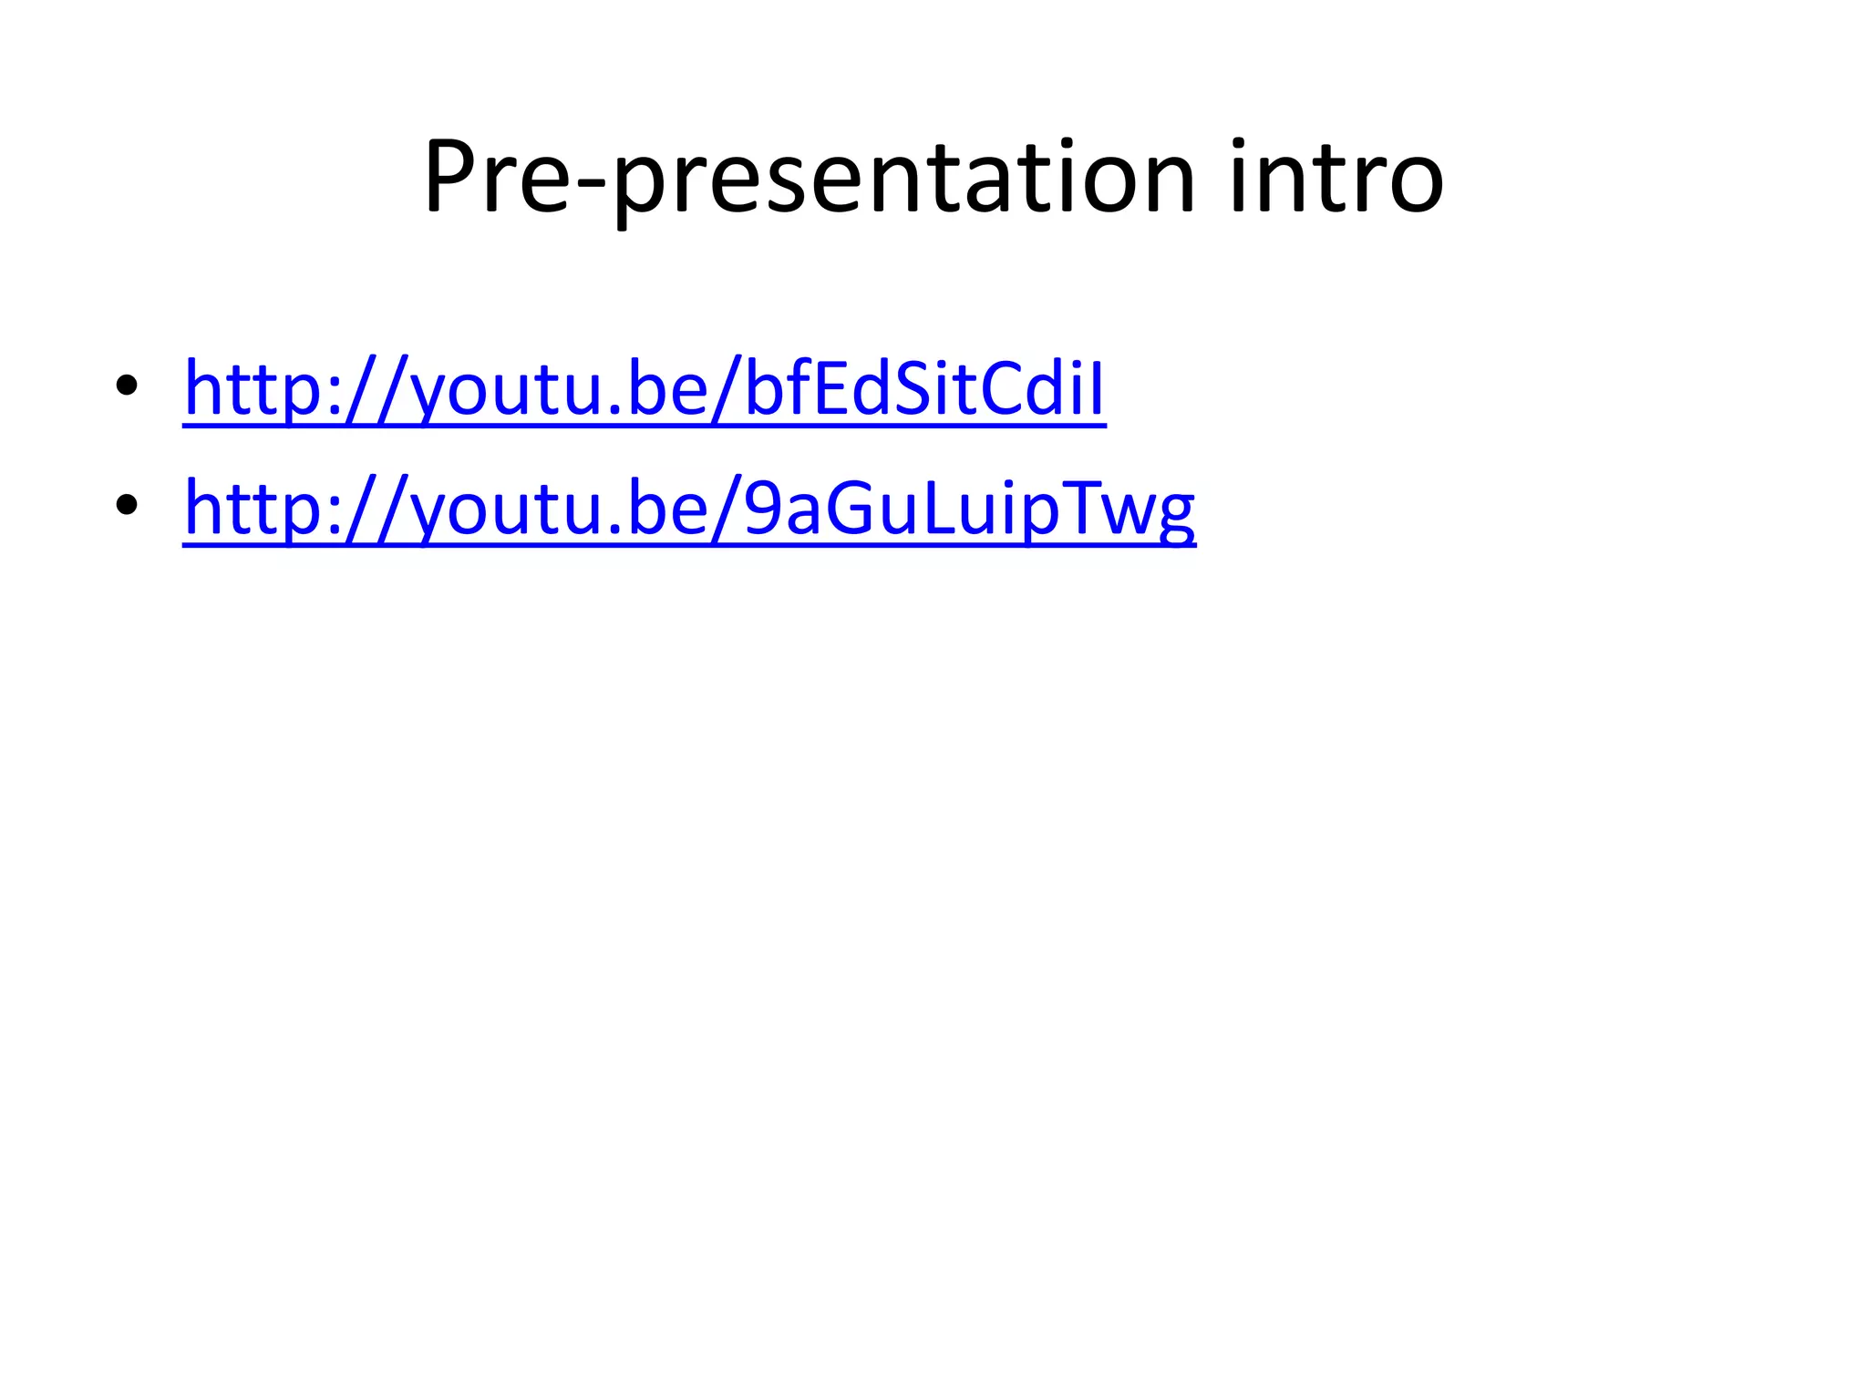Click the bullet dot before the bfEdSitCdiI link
point(127,386)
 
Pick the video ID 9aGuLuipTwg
point(969,509)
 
